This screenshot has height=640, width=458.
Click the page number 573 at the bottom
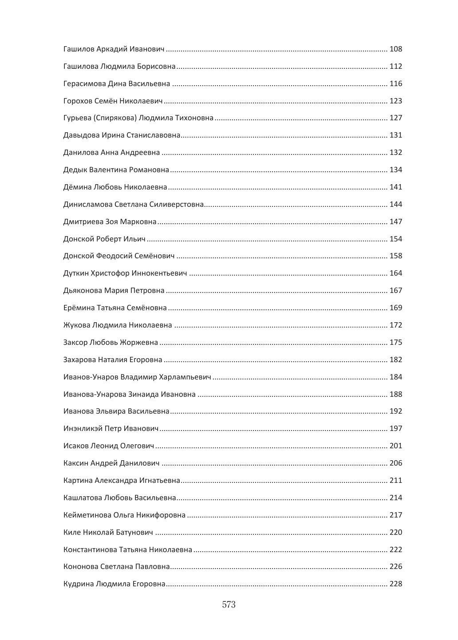coord(229,604)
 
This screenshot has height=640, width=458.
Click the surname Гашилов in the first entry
coord(79,49)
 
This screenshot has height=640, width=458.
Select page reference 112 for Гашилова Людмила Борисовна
coord(395,67)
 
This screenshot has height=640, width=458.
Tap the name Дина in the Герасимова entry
coord(117,84)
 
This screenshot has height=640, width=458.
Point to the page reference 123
coord(395,101)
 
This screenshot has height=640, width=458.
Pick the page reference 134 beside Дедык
coord(395,170)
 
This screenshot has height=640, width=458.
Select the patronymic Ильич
coord(134,239)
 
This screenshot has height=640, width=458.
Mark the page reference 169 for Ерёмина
coord(395,308)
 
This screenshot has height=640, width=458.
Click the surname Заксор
coord(75,343)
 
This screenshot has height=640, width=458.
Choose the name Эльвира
coord(111,411)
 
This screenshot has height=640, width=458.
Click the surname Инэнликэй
coord(83,429)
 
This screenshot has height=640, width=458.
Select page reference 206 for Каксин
coord(395,463)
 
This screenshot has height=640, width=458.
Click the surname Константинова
coord(90,550)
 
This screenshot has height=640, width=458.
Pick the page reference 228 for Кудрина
coord(395,584)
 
